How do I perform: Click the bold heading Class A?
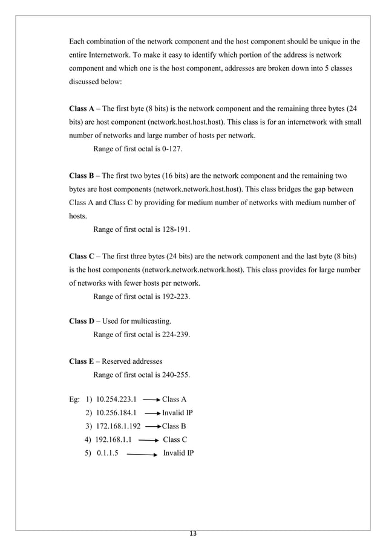click(82, 110)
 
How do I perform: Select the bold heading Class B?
click(82, 176)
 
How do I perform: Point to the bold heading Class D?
click(82, 321)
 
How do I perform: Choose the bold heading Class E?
click(82, 361)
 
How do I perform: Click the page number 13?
click(193, 534)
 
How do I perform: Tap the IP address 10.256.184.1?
click(117, 413)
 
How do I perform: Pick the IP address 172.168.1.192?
click(118, 427)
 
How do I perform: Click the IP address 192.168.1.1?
click(114, 440)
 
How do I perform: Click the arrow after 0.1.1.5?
click(143, 454)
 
